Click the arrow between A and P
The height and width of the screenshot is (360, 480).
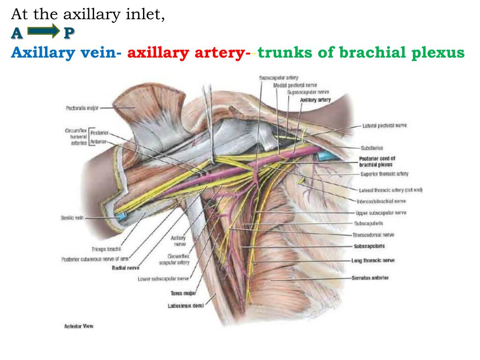[x=44, y=32]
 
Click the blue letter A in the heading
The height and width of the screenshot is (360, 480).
[x=17, y=33]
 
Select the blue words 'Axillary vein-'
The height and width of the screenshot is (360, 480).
[x=66, y=52]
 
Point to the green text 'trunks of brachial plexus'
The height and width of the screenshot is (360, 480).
[x=361, y=52]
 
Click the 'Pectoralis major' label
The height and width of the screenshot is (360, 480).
[x=82, y=108]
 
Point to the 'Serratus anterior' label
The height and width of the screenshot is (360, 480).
[x=370, y=278]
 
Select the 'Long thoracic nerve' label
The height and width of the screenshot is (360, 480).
[x=373, y=260]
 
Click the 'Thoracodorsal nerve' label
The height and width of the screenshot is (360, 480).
[x=373, y=234]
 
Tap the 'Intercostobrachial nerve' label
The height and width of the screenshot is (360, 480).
[x=381, y=201]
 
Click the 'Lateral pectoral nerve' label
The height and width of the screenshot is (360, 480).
[x=384, y=126]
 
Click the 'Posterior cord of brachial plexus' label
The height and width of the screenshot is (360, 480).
[x=377, y=162]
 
